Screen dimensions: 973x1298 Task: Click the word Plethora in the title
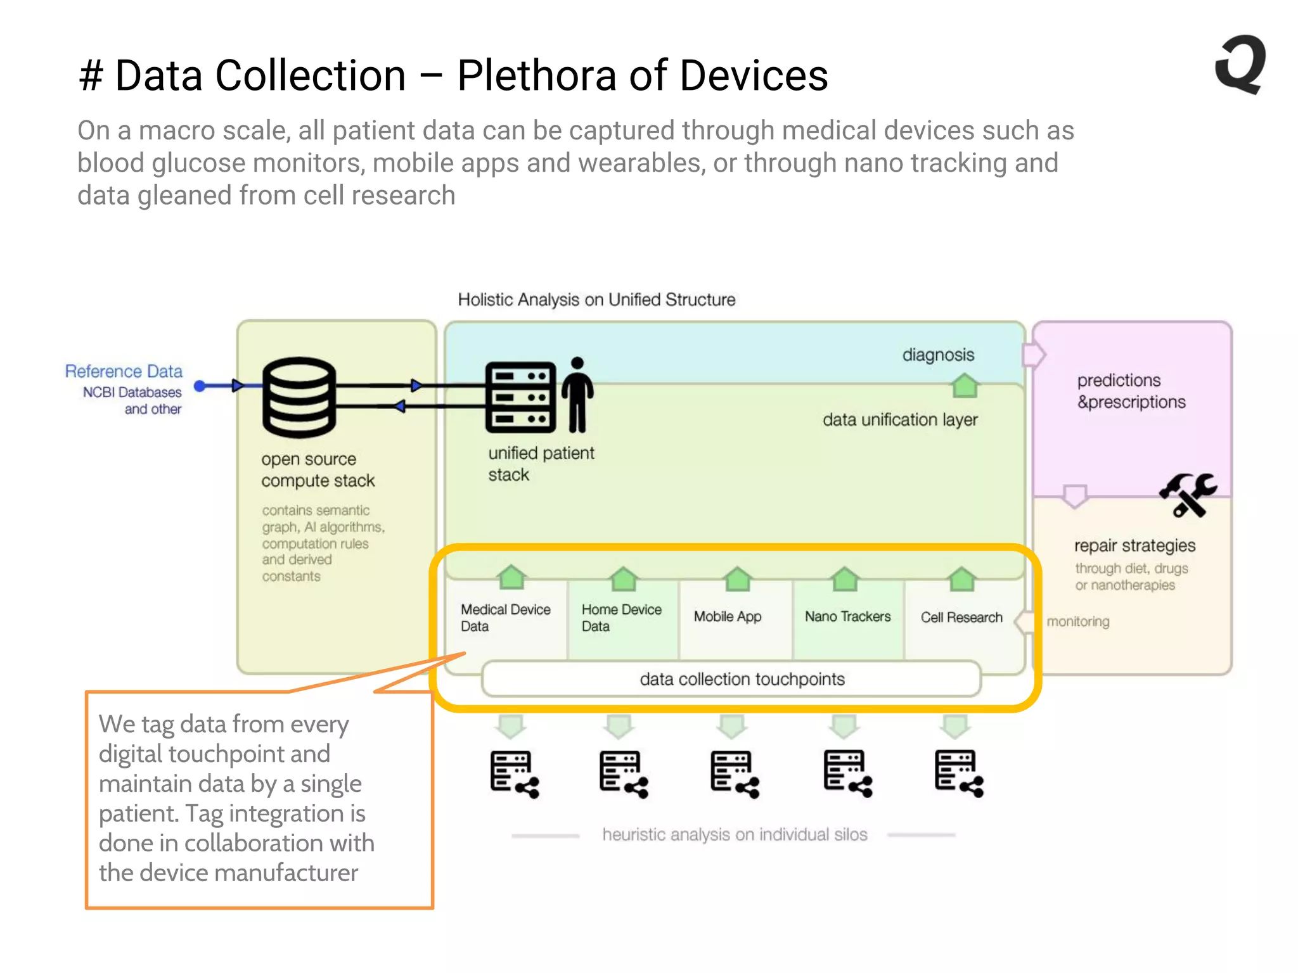pos(536,75)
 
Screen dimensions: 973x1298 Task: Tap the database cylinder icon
pos(299,397)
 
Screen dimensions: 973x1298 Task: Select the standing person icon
pos(577,395)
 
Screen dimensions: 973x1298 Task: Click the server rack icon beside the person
pos(520,397)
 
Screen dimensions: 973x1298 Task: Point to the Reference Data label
pos(124,371)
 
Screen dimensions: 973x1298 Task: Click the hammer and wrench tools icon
pos(1188,495)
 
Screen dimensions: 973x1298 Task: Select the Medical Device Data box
pos(505,618)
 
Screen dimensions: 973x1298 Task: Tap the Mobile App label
pos(728,616)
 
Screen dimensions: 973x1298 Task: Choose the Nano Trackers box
pos(847,616)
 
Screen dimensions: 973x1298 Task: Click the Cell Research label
pos(961,617)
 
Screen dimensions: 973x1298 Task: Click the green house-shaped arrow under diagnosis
pos(965,385)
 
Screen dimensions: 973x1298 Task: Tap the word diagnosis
pos(938,355)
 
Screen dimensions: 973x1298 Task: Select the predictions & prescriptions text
pos(1131,391)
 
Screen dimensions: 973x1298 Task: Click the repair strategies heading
pos(1134,545)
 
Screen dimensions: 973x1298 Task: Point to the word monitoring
pos(1077,621)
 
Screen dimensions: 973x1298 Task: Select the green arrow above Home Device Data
pos(624,578)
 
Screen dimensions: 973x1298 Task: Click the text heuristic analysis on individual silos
pos(734,834)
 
